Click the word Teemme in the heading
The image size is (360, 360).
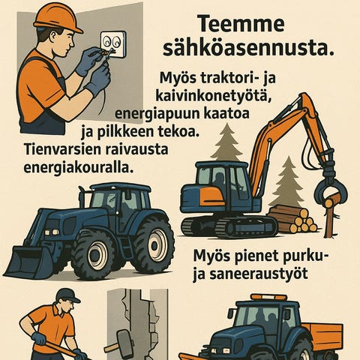click(x=241, y=24)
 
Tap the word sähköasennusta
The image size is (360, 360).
click(x=248, y=49)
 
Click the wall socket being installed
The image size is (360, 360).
click(x=113, y=43)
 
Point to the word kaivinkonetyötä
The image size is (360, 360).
click(x=214, y=95)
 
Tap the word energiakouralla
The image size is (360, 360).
click(x=78, y=167)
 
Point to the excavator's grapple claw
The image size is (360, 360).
click(x=331, y=193)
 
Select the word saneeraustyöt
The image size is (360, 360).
click(x=258, y=274)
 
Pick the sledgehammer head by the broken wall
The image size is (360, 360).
click(x=122, y=337)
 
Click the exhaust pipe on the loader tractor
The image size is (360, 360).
click(x=82, y=196)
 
